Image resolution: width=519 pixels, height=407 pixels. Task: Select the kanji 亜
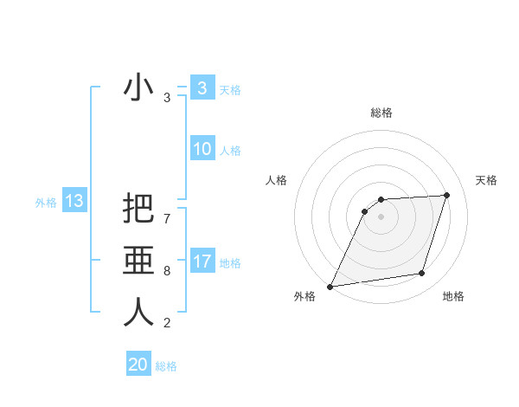[138, 260]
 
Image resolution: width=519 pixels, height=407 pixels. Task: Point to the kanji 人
[138, 311]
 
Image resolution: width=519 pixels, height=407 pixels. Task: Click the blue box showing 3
[202, 87]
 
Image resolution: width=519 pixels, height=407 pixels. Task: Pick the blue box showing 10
[202, 149]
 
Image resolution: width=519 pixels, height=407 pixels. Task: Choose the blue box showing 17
[202, 261]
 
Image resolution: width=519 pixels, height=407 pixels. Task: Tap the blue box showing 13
[74, 201]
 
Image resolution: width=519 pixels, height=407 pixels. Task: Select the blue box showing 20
[138, 365]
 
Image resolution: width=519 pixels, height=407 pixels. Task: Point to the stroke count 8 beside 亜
[167, 271]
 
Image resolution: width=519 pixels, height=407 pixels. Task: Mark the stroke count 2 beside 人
[167, 323]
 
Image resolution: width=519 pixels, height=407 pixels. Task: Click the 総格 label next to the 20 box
[166, 366]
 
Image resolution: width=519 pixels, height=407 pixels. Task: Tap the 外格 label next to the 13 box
[46, 203]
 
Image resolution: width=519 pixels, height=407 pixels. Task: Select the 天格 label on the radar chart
[486, 180]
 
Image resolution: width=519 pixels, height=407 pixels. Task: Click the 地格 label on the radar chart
[453, 296]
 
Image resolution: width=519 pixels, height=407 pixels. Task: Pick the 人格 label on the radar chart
[276, 180]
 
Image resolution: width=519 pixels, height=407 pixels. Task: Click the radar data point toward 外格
[330, 287]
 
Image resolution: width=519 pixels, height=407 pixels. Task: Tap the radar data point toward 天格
[446, 195]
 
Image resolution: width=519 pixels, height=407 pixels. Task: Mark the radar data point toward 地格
[422, 274]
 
